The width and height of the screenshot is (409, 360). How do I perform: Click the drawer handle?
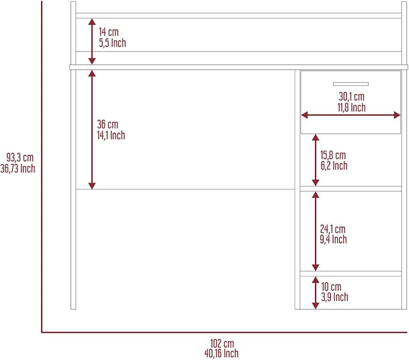click(351, 84)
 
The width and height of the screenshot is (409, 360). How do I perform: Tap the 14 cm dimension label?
click(108, 32)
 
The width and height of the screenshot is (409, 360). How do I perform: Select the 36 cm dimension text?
click(107, 124)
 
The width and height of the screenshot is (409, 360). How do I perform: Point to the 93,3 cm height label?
click(20, 157)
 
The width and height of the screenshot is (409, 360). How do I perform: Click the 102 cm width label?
click(222, 343)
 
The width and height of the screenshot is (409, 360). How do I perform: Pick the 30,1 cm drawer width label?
click(351, 96)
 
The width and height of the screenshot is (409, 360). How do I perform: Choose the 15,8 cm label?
click(333, 155)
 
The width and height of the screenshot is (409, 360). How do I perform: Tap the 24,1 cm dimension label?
click(333, 229)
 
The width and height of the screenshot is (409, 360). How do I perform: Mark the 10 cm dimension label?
click(331, 286)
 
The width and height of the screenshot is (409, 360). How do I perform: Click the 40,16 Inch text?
click(222, 353)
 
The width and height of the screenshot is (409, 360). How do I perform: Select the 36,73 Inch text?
click(17, 168)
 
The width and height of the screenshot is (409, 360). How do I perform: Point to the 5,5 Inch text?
click(112, 43)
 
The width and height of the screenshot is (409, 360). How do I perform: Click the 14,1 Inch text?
click(111, 135)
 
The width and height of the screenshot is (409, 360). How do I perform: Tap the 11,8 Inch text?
click(351, 107)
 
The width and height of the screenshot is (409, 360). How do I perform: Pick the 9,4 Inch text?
click(333, 239)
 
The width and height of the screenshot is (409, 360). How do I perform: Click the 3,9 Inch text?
click(334, 297)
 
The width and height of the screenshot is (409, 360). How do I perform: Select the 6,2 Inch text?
click(334, 165)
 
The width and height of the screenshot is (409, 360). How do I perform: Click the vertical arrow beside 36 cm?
click(92, 130)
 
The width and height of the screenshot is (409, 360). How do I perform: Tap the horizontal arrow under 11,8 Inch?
click(351, 115)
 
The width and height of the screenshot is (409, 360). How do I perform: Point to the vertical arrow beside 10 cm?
click(316, 293)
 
